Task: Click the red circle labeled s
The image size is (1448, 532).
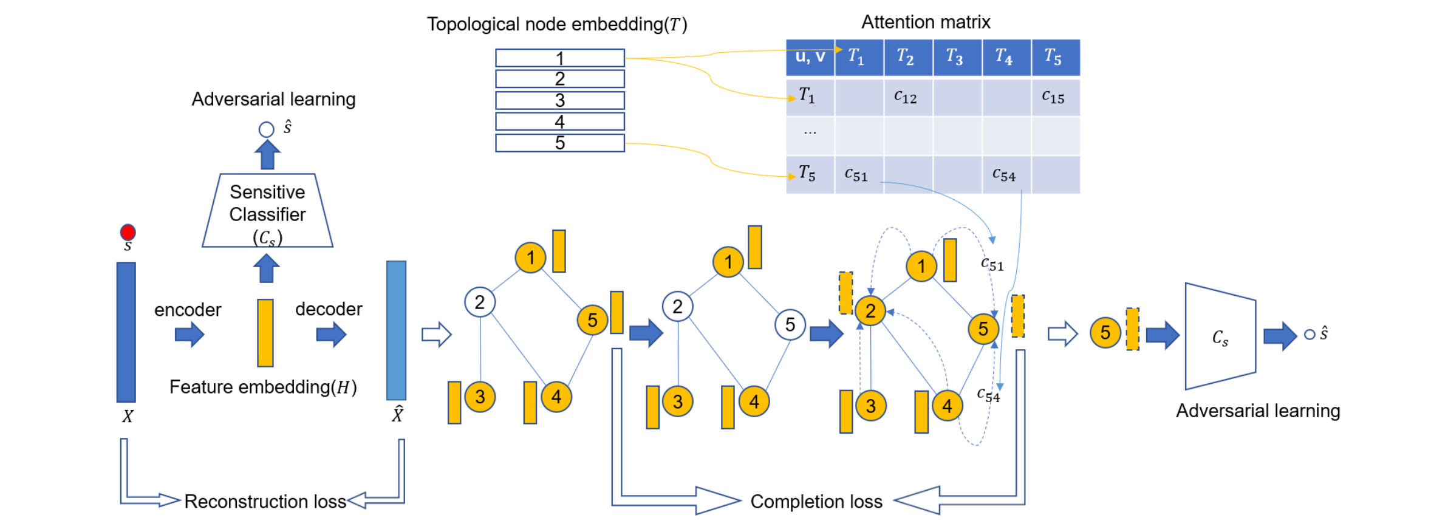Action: [x=128, y=232]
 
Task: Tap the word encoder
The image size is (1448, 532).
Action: [x=188, y=310]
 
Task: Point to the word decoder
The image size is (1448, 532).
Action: [x=329, y=309]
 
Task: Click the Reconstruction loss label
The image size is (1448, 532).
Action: [x=265, y=502]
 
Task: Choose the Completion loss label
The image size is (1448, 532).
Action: [x=816, y=502]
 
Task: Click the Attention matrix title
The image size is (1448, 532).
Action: [x=926, y=22]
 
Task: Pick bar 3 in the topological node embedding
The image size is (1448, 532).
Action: [x=559, y=100]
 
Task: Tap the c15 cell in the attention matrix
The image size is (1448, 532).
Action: [x=1055, y=97]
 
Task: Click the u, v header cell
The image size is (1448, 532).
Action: [x=810, y=57]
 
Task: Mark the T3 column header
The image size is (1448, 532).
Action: [x=957, y=57]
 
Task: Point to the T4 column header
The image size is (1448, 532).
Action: [x=1006, y=57]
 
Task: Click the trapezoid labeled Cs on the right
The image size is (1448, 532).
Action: [x=1220, y=336]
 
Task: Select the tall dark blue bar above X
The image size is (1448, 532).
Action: [x=126, y=332]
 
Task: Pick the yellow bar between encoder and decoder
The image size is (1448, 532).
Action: [x=265, y=333]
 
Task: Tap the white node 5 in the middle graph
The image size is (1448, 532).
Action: [x=790, y=325]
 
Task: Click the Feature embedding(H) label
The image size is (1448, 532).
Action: [x=263, y=387]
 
